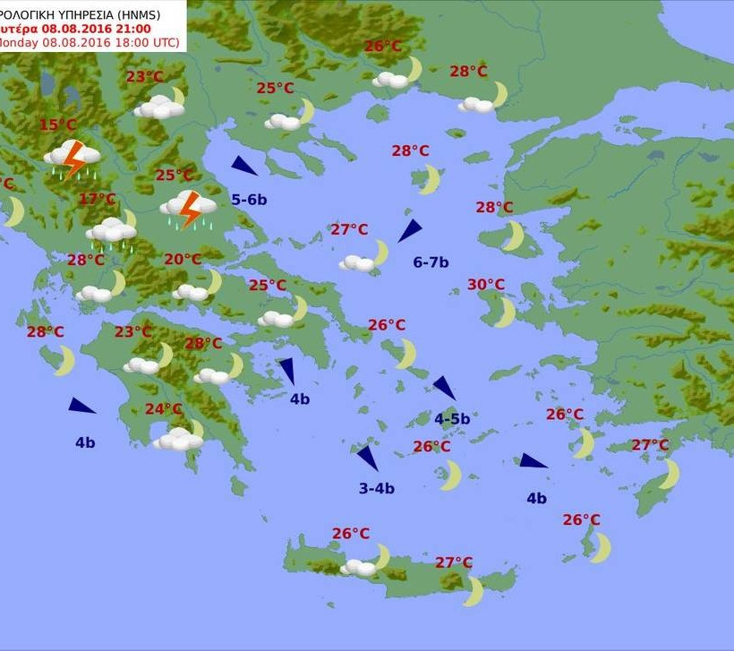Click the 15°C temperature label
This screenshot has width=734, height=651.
[x=57, y=125]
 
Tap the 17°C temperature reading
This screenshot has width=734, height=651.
[x=98, y=199]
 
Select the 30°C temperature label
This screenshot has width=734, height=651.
[x=486, y=285]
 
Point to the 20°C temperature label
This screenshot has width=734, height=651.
[x=183, y=260]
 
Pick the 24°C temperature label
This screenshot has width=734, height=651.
[x=164, y=409]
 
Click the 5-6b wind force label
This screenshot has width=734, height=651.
[x=249, y=200]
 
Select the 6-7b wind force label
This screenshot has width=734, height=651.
[x=431, y=262]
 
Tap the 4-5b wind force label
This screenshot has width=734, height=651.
[x=452, y=418]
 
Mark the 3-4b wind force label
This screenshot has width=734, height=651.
[x=376, y=488]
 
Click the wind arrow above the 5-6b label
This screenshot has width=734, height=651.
[x=243, y=166]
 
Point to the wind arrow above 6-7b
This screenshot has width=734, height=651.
[x=410, y=230]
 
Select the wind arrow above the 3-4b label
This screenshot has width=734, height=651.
[x=368, y=458]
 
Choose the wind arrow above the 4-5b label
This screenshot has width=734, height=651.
[x=445, y=388]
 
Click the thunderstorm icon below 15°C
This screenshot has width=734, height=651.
[x=72, y=158]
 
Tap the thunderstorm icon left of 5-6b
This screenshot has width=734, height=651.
[x=189, y=210]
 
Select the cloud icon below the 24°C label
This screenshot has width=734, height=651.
[x=178, y=439]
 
